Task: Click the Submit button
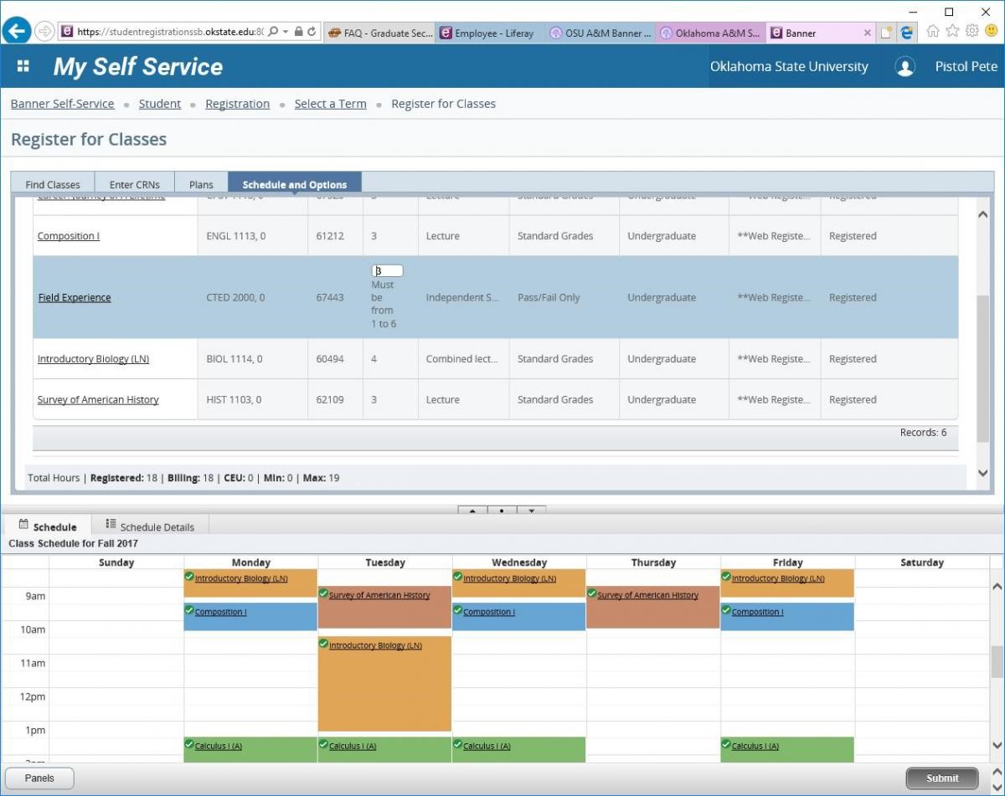[x=941, y=778]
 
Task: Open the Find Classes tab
[x=53, y=184]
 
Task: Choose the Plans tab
[x=201, y=184]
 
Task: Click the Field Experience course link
[x=75, y=297]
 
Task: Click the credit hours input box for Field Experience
[x=387, y=270]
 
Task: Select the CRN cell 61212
[x=330, y=236]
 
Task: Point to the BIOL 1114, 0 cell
[x=234, y=359]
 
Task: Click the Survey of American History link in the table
[x=98, y=399]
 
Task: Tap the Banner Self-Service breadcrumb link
[x=62, y=104]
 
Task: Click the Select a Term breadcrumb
[x=330, y=104]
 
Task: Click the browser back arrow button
[x=17, y=32]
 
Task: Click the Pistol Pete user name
[x=966, y=67]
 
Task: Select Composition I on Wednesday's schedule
[x=488, y=612]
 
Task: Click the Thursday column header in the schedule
[x=653, y=562]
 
